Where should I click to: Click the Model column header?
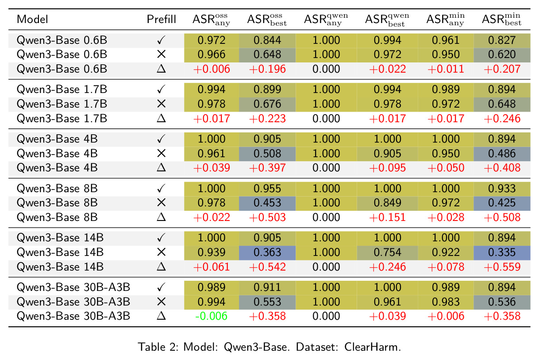(x=32, y=19)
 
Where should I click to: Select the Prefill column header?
(x=161, y=19)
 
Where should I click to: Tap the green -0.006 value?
(x=211, y=316)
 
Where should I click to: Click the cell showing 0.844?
(x=267, y=40)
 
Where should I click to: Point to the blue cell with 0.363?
(x=267, y=252)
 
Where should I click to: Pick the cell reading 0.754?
(x=387, y=252)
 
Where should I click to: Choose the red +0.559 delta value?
(x=502, y=267)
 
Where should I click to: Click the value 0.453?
(x=267, y=203)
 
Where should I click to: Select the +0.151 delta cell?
(x=387, y=217)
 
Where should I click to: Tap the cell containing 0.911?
(x=267, y=287)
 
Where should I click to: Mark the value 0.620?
(x=502, y=54)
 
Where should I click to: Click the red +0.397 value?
(x=267, y=168)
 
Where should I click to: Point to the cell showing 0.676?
(x=267, y=104)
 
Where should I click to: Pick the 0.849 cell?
(x=387, y=203)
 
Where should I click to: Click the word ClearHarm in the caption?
(x=373, y=347)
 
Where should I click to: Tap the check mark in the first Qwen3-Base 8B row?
(x=161, y=188)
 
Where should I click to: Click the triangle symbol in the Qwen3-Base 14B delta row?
(x=161, y=267)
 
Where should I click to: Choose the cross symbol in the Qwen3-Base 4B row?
(x=161, y=153)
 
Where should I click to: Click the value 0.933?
(x=502, y=188)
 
